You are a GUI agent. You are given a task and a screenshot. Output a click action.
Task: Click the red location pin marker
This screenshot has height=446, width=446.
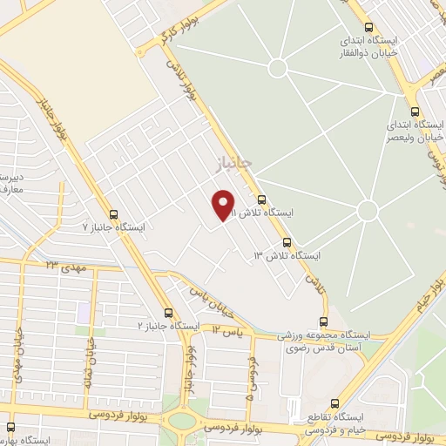click(224, 206)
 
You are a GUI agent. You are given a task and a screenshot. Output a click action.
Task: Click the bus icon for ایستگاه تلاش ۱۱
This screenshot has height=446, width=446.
click(261, 199)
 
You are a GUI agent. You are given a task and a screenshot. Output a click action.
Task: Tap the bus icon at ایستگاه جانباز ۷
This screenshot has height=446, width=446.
click(113, 213)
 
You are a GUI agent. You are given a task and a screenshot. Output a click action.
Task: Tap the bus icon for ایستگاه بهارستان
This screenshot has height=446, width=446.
click(10, 428)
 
